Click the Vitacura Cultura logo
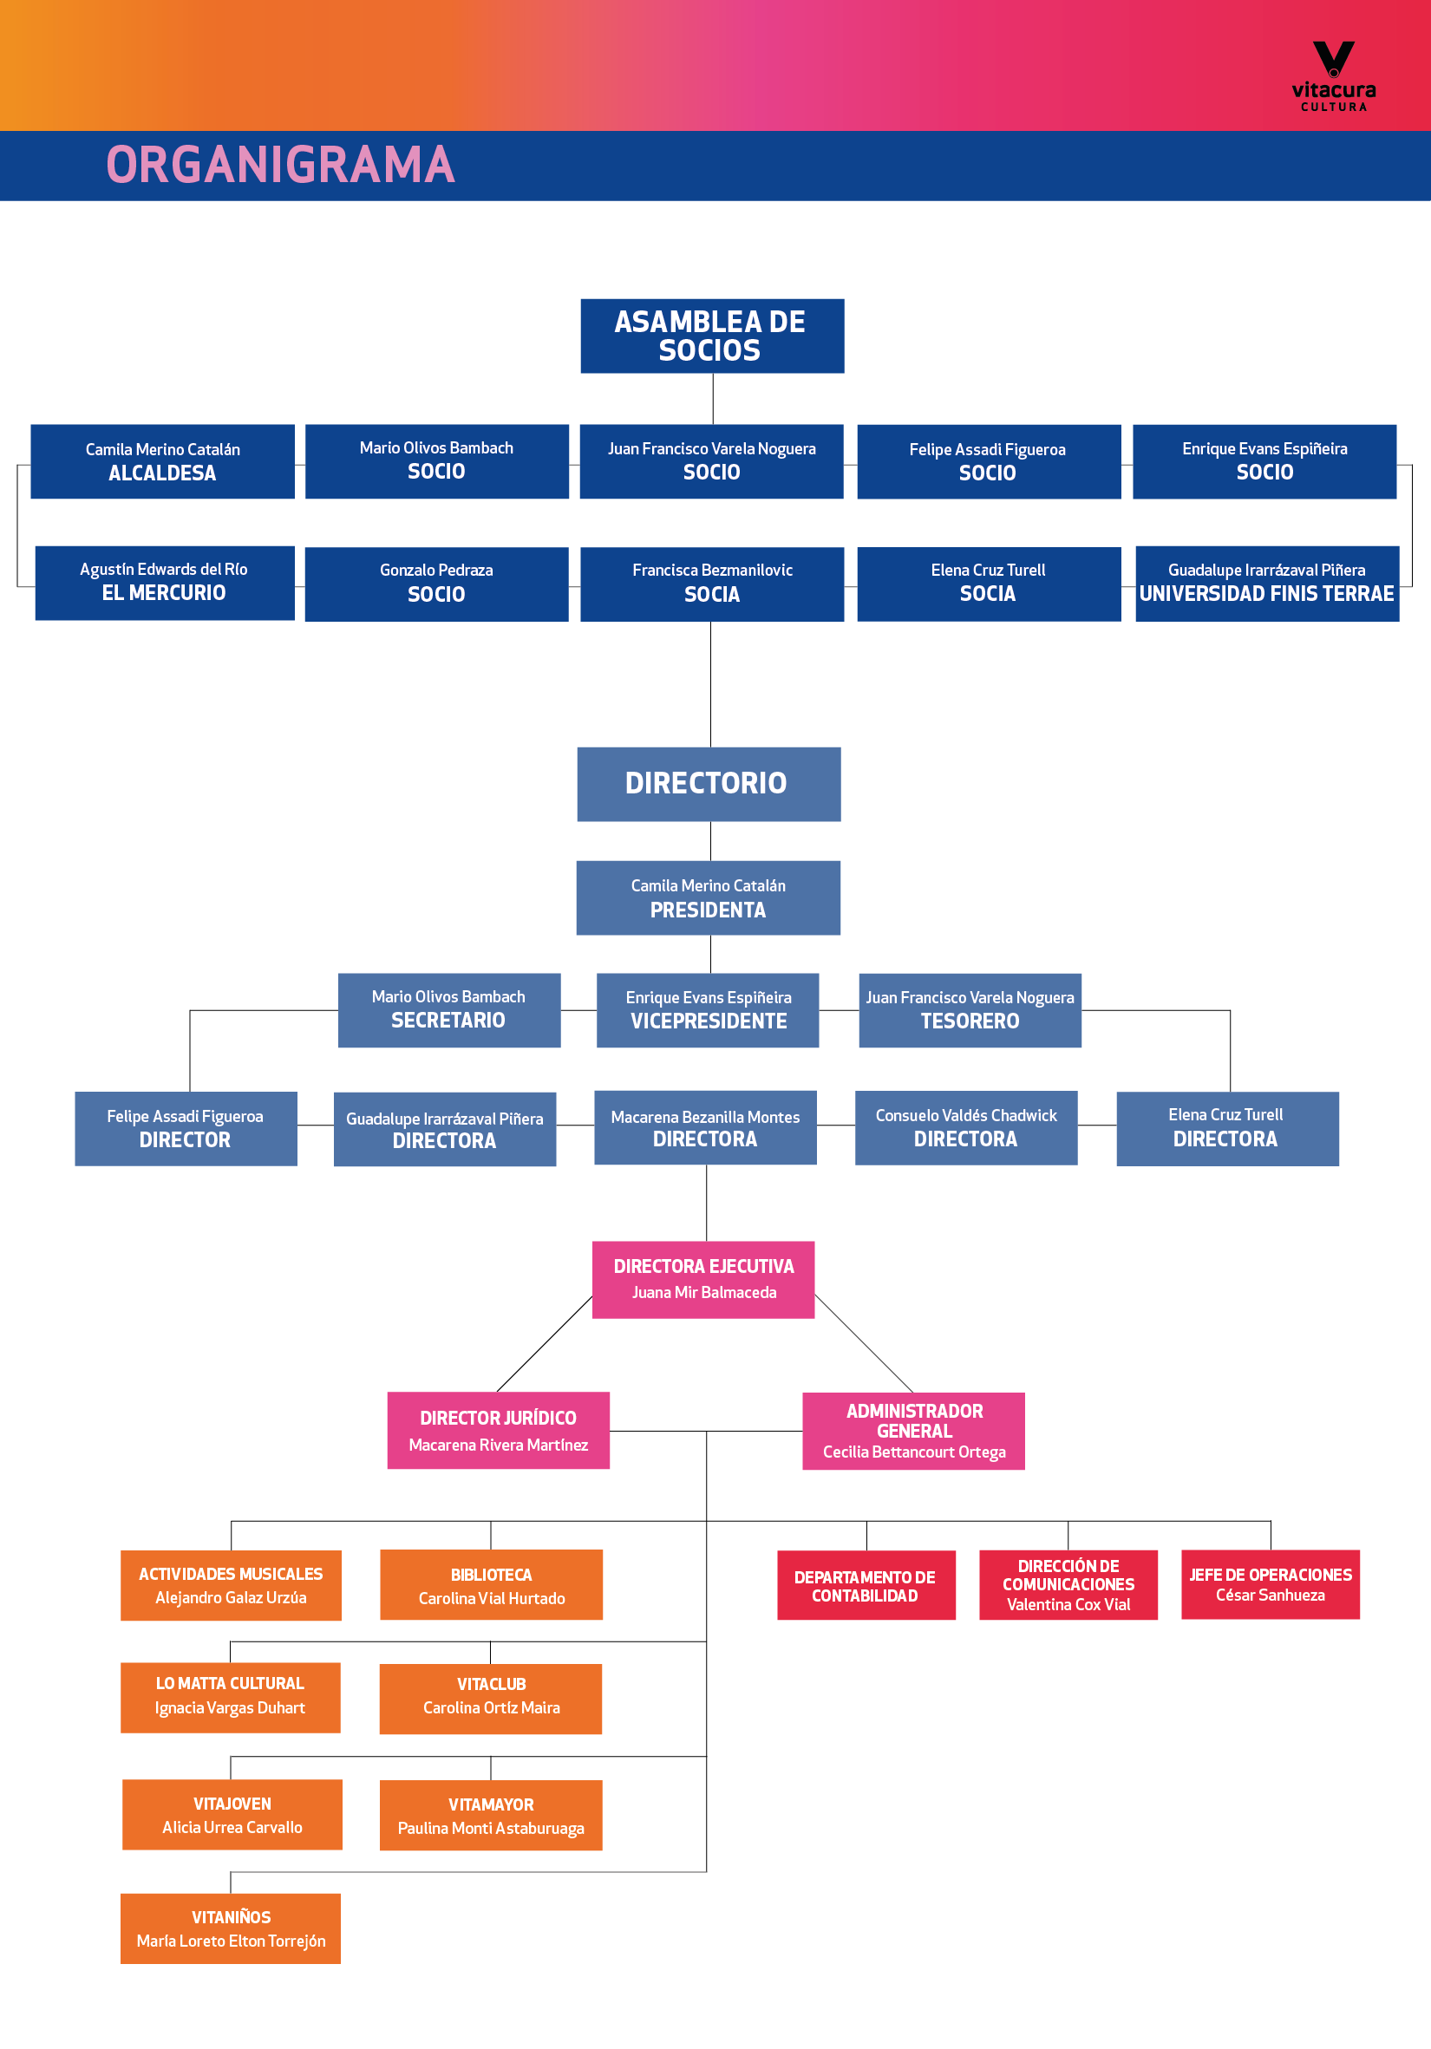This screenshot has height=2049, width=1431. tap(1334, 75)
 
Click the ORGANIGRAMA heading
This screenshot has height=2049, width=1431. tap(280, 165)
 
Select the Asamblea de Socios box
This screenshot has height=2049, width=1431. tap(712, 336)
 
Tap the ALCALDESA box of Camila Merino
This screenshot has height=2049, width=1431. tap(162, 461)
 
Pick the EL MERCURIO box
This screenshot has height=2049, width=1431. tap(164, 583)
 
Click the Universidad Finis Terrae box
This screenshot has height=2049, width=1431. tap(1267, 584)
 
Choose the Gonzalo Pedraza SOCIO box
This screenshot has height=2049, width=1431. tap(436, 584)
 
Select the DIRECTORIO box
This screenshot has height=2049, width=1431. tap(709, 784)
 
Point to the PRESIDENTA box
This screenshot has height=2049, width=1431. tap(708, 897)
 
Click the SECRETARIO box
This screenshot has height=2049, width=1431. tap(449, 1010)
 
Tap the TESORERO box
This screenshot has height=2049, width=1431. tap(970, 1010)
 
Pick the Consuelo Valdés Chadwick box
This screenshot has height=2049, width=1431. tap(966, 1128)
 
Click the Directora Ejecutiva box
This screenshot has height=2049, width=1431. tap(703, 1280)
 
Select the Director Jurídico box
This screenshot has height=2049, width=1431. tap(498, 1431)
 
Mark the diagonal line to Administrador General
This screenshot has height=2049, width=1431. tap(864, 1344)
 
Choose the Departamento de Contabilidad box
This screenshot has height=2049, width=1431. tap(866, 1585)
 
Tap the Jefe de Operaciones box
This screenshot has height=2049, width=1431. tap(1271, 1584)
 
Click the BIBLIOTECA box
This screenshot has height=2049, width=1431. tap(491, 1585)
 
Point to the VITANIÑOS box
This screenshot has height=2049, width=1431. tap(231, 1928)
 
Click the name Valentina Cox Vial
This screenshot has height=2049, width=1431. tap(1068, 1604)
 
